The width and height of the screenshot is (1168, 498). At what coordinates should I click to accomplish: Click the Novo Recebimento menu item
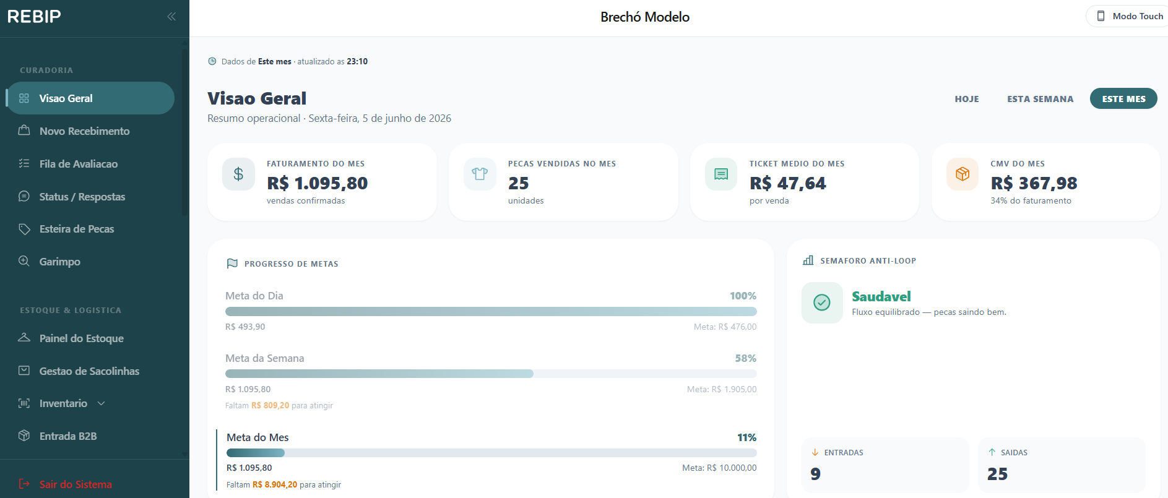(x=85, y=131)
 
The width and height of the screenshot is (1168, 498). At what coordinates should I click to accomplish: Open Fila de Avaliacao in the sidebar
(x=79, y=164)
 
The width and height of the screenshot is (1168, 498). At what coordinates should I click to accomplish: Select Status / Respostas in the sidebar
(x=82, y=197)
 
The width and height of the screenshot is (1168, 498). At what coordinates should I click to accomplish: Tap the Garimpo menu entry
(x=60, y=262)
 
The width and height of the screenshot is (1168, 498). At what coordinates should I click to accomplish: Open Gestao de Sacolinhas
(x=89, y=371)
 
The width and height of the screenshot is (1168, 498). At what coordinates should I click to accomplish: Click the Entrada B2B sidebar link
(x=68, y=436)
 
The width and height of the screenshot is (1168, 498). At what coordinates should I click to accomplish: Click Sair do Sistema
(x=76, y=484)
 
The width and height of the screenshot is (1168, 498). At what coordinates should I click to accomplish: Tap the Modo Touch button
(x=1130, y=16)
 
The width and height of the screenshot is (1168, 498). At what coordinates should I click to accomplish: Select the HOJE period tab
(x=967, y=99)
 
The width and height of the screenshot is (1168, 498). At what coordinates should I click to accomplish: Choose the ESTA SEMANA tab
(x=1040, y=99)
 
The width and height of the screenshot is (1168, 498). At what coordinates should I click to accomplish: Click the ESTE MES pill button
(x=1123, y=99)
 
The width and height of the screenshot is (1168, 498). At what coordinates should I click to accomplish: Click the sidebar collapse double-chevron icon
(x=171, y=17)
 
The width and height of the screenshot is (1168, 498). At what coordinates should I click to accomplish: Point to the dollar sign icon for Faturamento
(x=238, y=174)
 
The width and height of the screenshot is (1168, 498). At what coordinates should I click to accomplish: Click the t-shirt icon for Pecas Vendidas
(x=480, y=174)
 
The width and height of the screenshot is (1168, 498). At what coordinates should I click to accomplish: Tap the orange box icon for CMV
(x=963, y=174)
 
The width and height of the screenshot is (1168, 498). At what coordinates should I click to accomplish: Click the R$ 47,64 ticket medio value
(x=787, y=183)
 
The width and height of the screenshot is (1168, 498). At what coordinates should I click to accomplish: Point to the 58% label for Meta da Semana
(x=745, y=358)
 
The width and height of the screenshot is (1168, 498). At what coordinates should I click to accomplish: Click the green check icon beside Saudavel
(x=822, y=303)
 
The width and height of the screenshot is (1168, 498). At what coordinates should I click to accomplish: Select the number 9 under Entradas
(x=816, y=474)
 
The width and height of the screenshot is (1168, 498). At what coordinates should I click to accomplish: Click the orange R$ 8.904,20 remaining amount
(x=275, y=485)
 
